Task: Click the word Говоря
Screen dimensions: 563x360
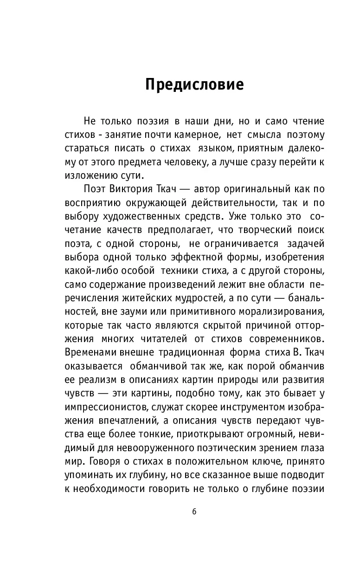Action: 104,473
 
